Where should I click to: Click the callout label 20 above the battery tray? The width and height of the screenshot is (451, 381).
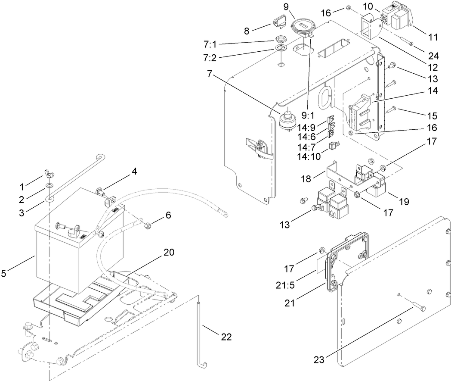pyautogui.click(x=169, y=253)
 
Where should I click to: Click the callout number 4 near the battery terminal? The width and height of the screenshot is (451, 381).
pyautogui.click(x=135, y=171)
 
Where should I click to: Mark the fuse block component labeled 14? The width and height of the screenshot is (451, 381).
pyautogui.click(x=359, y=112)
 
